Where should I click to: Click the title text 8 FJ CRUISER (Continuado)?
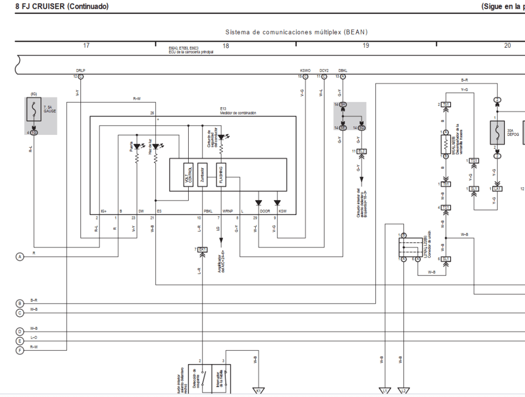tap(62, 7)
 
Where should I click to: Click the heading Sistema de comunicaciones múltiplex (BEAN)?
tap(296, 32)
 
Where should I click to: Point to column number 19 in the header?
tap(366, 46)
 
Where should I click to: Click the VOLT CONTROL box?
tap(188, 175)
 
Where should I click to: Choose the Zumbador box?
tap(203, 175)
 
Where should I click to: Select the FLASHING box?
tap(221, 175)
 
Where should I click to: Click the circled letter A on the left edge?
tap(20, 256)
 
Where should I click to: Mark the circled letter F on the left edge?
tap(20, 350)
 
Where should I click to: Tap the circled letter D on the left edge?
tap(20, 331)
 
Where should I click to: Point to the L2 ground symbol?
tap(403, 391)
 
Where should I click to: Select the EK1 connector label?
tap(203, 249)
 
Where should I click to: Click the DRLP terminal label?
tap(80, 70)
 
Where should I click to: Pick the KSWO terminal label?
tap(305, 70)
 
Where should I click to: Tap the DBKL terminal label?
tap(342, 70)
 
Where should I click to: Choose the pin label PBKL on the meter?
tap(208, 211)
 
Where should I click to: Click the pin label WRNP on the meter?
tap(227, 211)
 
